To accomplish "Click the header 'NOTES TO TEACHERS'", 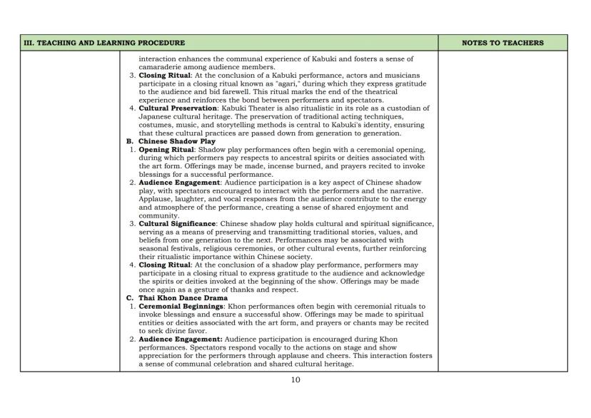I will pos(502,43).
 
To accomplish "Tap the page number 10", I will pos(295,380).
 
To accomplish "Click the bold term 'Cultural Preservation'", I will pos(173,108).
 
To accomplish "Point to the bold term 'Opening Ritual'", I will pos(166,149).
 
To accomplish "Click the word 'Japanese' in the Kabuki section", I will pos(156,116).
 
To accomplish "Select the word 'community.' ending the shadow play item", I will pos(158,215).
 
